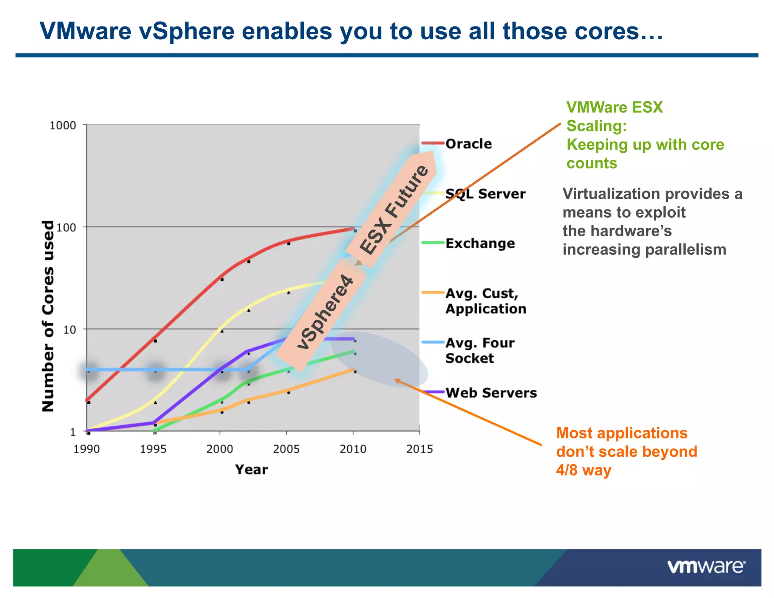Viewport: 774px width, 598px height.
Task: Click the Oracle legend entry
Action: (x=468, y=144)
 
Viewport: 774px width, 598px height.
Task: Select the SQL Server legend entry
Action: (x=485, y=194)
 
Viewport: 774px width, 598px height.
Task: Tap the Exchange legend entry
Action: (x=480, y=243)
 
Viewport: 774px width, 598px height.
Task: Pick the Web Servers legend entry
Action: (x=491, y=393)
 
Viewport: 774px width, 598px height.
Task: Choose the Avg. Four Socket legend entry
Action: (x=480, y=350)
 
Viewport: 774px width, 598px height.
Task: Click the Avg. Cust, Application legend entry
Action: (x=485, y=301)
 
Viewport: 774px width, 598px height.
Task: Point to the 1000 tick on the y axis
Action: (x=63, y=125)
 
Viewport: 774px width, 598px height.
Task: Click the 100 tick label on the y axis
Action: (x=66, y=228)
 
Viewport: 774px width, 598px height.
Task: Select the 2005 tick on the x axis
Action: (x=286, y=449)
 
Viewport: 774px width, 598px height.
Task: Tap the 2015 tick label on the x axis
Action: (x=419, y=449)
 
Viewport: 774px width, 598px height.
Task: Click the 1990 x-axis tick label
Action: (x=87, y=449)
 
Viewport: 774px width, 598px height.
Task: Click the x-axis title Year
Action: (x=251, y=469)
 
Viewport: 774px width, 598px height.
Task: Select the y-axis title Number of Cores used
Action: (x=48, y=316)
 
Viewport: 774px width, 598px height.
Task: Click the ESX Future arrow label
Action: (x=394, y=210)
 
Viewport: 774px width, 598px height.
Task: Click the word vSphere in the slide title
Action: (x=186, y=31)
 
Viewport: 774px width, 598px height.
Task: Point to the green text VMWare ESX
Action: (x=614, y=107)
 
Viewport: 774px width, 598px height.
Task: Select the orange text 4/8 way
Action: (x=583, y=470)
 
